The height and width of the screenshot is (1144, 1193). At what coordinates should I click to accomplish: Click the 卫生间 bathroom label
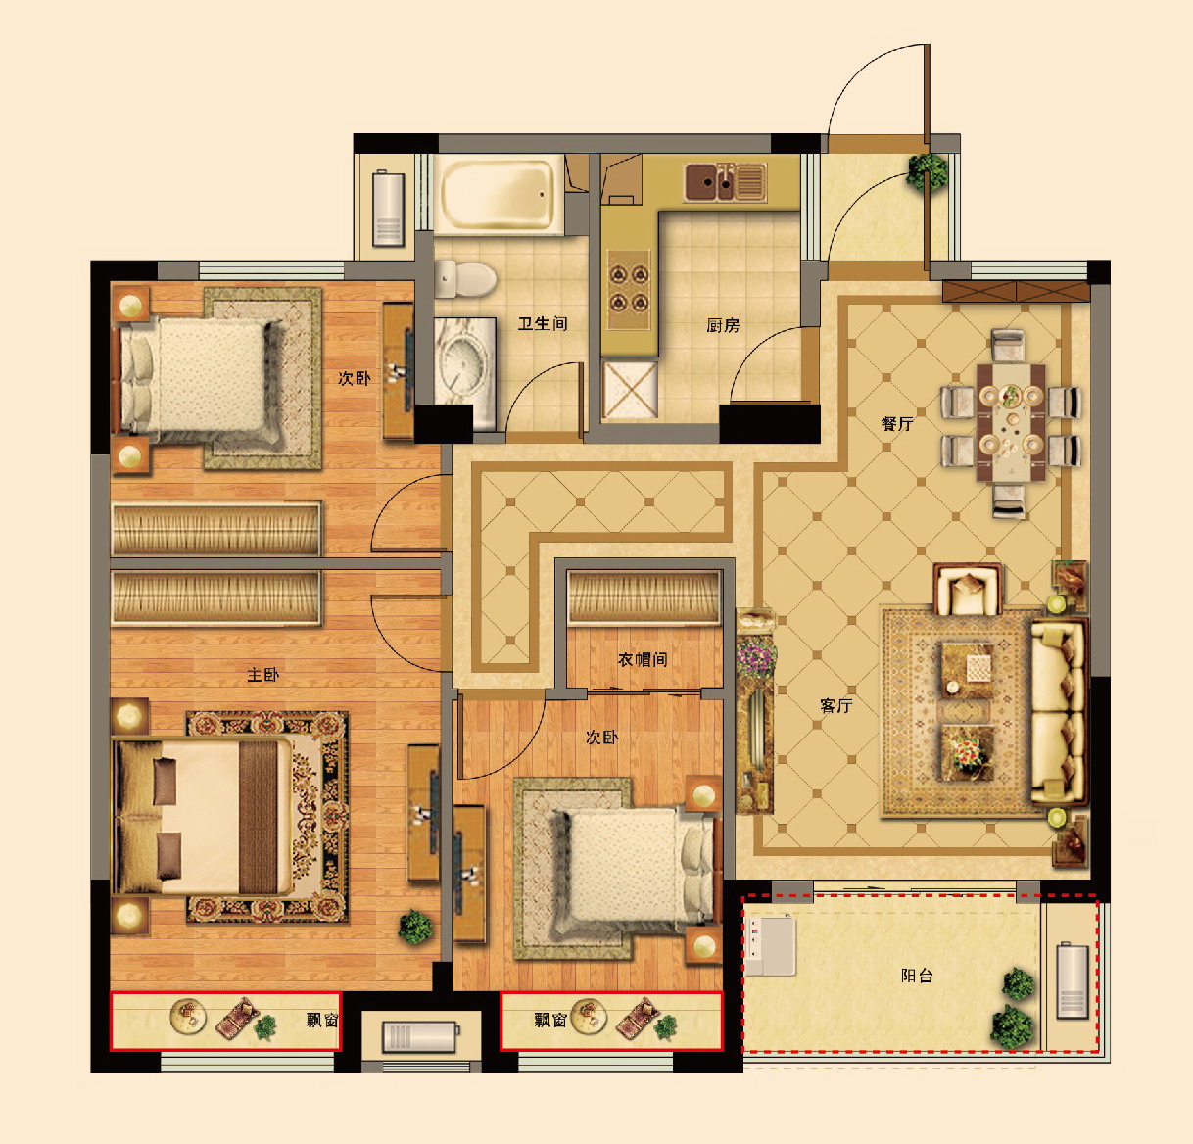pyautogui.click(x=543, y=323)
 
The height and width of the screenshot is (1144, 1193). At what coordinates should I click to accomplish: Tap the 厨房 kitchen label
pyautogui.click(x=723, y=325)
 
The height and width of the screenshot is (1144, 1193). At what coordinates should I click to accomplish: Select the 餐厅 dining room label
pyautogui.click(x=897, y=424)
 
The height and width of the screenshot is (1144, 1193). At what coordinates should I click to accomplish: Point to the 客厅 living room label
pyautogui.click(x=836, y=706)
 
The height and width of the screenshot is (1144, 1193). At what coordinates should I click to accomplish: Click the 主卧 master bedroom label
pyautogui.click(x=262, y=675)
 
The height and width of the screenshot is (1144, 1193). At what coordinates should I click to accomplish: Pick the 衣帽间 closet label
pyautogui.click(x=642, y=660)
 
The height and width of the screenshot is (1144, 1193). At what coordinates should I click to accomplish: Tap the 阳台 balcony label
pyautogui.click(x=917, y=976)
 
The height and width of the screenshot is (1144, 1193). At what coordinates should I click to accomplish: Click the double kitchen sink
pyautogui.click(x=725, y=181)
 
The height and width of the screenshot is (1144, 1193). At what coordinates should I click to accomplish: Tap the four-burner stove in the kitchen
pyautogui.click(x=629, y=288)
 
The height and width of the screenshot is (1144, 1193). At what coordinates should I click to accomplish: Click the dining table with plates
pyautogui.click(x=1010, y=423)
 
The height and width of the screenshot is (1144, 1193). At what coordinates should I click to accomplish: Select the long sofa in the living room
pyautogui.click(x=1058, y=711)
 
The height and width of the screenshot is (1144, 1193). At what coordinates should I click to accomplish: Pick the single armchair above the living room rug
pyautogui.click(x=969, y=590)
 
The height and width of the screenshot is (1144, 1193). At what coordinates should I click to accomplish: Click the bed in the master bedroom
pyautogui.click(x=203, y=817)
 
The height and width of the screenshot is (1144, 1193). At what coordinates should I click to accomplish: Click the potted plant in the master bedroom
pyautogui.click(x=415, y=927)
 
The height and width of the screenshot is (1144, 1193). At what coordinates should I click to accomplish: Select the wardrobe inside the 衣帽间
pyautogui.click(x=644, y=597)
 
